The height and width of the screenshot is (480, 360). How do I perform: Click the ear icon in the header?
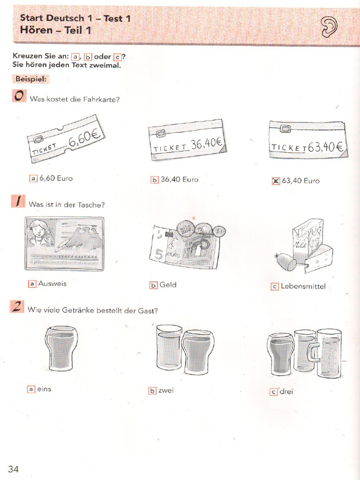(x=329, y=27)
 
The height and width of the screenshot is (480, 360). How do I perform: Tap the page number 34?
(x=14, y=469)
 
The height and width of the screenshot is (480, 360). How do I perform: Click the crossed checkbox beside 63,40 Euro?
(x=276, y=181)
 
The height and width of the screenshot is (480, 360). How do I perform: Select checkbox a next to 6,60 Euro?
(x=33, y=178)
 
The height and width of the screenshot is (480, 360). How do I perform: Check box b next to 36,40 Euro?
(x=154, y=180)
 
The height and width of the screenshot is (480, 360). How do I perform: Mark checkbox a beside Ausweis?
(x=32, y=284)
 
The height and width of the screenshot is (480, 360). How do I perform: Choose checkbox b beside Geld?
(x=153, y=285)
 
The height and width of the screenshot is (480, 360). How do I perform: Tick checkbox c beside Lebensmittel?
(x=275, y=286)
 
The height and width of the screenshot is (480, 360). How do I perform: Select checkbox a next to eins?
(x=31, y=389)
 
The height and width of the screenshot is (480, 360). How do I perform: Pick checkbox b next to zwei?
(x=152, y=390)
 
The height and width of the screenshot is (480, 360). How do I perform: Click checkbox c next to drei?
(x=274, y=392)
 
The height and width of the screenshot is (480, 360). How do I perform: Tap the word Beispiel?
(x=30, y=80)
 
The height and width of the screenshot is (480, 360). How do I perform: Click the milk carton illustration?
(x=307, y=239)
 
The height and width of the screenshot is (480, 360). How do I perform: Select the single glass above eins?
(x=61, y=348)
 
